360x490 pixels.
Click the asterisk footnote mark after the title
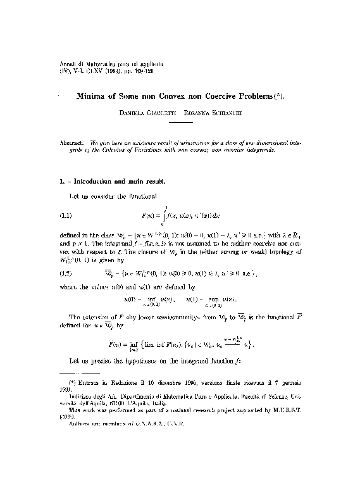pyautogui.click(x=278, y=96)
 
